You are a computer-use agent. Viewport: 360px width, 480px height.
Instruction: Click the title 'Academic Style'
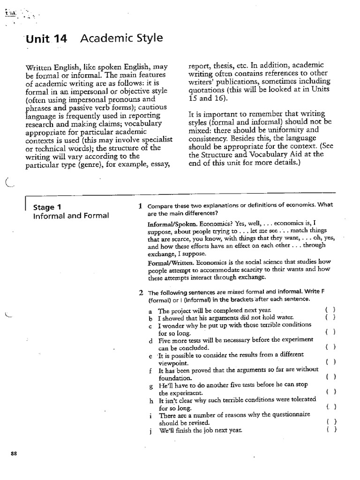point(122,38)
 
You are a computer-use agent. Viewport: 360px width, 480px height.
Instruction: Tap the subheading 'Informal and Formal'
point(71,216)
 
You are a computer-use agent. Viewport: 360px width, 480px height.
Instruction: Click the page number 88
point(14,454)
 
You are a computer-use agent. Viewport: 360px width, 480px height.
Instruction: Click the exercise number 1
point(140,205)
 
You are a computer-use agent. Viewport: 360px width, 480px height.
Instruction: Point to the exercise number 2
point(141,293)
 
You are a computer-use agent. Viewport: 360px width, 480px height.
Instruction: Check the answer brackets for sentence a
point(330,310)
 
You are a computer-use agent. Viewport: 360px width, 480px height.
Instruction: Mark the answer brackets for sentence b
point(330,317)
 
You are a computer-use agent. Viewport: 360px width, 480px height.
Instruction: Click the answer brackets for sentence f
point(330,376)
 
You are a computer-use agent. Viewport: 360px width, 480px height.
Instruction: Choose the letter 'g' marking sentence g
point(150,386)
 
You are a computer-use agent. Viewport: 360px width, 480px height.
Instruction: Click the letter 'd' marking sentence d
point(150,341)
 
